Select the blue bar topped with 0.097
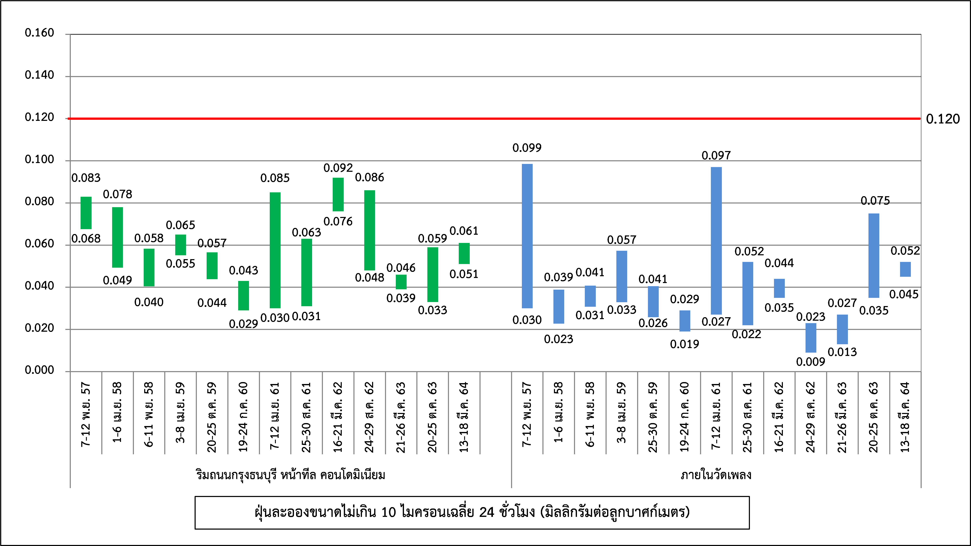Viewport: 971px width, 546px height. [x=716, y=241]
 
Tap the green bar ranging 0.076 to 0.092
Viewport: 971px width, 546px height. [x=338, y=194]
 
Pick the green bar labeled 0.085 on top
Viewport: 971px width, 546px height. [x=275, y=250]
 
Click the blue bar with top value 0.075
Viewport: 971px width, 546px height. [x=874, y=255]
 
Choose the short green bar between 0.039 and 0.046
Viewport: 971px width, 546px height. [x=401, y=282]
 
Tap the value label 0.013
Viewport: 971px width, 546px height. [x=842, y=352]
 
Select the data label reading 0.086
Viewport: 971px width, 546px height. [x=369, y=177]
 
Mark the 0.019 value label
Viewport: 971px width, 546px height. [x=685, y=344]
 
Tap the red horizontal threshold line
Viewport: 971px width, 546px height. [x=490, y=118]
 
